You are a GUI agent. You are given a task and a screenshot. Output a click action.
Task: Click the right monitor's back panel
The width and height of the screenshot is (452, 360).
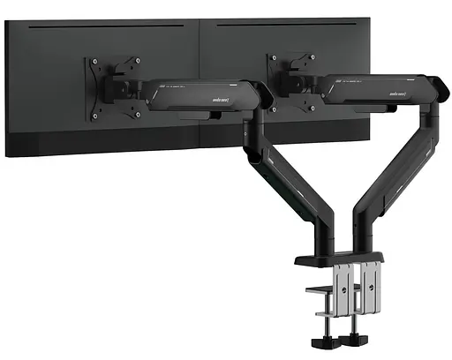(388, 53)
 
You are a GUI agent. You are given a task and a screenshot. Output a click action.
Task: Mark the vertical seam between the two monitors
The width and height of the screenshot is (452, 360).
(202, 88)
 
